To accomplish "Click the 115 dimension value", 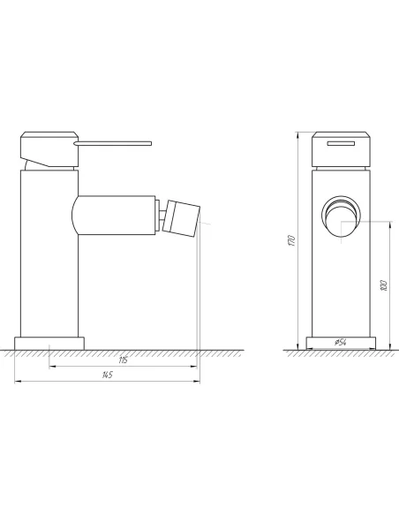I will tap(123, 360).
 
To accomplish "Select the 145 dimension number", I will tap(107, 375).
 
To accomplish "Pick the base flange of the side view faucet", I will tap(49, 343).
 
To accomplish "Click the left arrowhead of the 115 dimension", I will tap(51, 367).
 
